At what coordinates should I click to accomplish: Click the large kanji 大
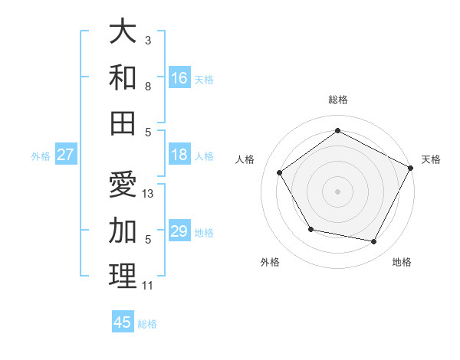coord(123,33)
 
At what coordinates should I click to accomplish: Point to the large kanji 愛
coord(123,185)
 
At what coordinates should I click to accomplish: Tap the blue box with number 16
coord(179,77)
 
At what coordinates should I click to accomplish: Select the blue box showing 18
coord(179,155)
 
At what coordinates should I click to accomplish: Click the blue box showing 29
coord(179,231)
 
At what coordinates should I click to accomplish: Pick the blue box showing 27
coord(65,155)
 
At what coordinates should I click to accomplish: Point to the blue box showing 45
coord(123,322)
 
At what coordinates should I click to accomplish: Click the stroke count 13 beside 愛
coord(149,194)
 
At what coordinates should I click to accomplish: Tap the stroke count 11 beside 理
coord(148,286)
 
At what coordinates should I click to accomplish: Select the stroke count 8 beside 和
coord(148,87)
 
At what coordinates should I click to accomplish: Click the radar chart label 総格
coord(337,100)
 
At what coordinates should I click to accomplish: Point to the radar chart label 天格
coord(431,159)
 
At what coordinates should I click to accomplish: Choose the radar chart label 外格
coord(270,262)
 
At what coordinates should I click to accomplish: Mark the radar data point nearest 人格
coord(280,172)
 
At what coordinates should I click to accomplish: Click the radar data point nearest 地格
coord(374,242)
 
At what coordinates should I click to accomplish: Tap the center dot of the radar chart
coord(337,191)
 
